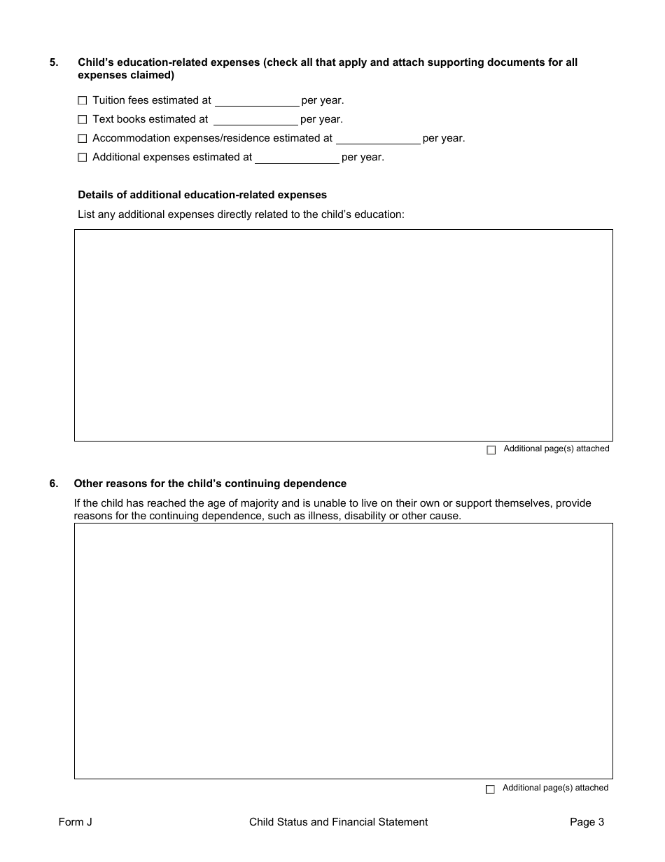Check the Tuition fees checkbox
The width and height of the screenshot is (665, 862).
point(83,101)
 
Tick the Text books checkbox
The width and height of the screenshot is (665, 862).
point(83,120)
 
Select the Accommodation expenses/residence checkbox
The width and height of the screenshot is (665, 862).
point(83,139)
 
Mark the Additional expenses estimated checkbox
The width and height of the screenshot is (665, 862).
point(83,158)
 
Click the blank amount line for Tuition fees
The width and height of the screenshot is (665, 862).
point(256,102)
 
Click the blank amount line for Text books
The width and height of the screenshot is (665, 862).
point(255,121)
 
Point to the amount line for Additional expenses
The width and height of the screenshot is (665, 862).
point(297,158)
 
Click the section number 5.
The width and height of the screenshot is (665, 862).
point(54,62)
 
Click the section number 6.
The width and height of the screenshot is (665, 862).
point(54,484)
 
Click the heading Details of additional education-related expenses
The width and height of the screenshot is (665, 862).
point(202,195)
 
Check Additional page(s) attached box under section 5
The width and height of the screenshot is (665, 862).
point(491,450)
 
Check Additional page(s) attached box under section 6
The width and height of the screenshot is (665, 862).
point(490,789)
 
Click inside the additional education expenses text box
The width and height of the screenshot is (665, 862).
point(343,335)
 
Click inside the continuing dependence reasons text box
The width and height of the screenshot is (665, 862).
point(343,650)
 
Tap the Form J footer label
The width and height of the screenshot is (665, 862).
point(76,822)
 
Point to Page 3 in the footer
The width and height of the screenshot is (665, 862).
point(587,822)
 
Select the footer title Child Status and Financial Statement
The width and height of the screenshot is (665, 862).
point(338,822)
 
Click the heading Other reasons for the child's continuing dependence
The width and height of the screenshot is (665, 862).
point(210,484)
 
